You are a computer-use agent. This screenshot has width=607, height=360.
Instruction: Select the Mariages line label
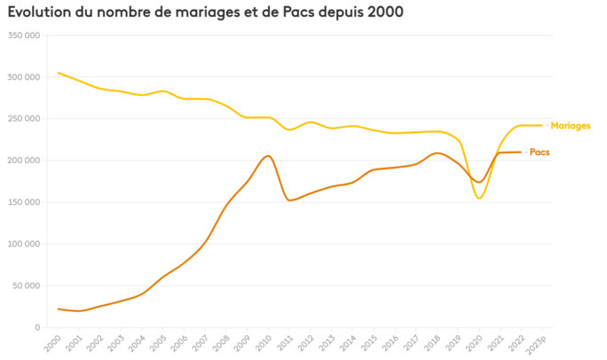click(x=570, y=126)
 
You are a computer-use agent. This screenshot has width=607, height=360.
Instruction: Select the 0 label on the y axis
click(x=36, y=327)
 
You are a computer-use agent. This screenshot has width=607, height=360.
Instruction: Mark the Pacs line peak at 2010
click(x=268, y=156)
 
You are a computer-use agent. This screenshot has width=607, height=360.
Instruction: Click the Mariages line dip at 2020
click(x=479, y=198)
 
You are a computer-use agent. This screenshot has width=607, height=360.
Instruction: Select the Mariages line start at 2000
click(x=59, y=73)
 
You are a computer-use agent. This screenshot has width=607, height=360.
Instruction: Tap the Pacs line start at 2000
click(x=59, y=309)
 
